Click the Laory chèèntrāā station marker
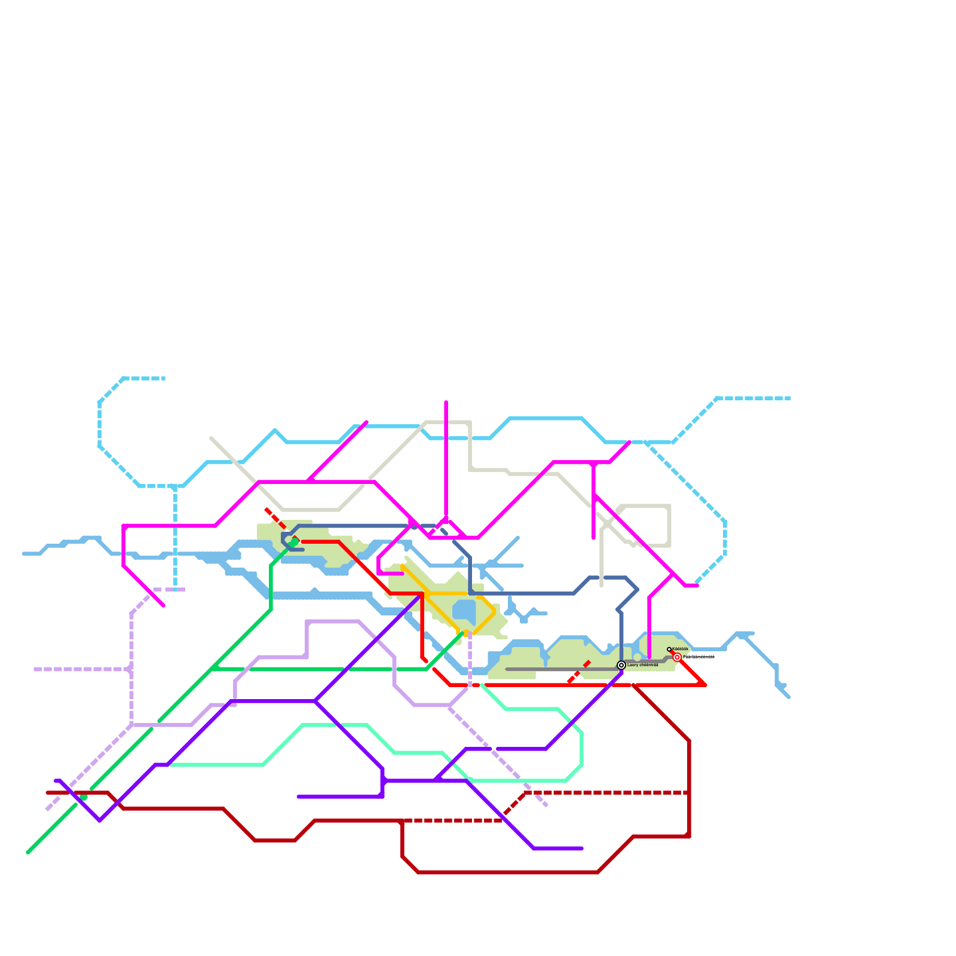[x=621, y=665]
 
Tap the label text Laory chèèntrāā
[x=643, y=665]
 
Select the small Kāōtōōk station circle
[x=669, y=649]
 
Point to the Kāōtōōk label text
[x=681, y=649]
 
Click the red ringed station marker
[x=677, y=657]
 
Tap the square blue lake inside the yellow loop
[x=464, y=610]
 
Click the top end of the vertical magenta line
[x=446, y=403]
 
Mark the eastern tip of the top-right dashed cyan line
[x=790, y=398]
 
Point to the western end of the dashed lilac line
[x=36, y=669]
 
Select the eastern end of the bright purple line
[x=581, y=848]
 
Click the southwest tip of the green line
[x=28, y=853]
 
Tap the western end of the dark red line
[x=48, y=793]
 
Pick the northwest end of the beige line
[x=212, y=438]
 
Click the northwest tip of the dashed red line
[x=266, y=509]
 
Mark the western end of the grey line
[x=507, y=669]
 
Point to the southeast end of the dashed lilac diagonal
[x=546, y=805]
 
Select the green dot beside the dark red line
[x=84, y=797]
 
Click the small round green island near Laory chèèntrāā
[x=637, y=657]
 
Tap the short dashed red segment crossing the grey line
[x=578, y=672]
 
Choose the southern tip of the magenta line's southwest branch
[x=163, y=606]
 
